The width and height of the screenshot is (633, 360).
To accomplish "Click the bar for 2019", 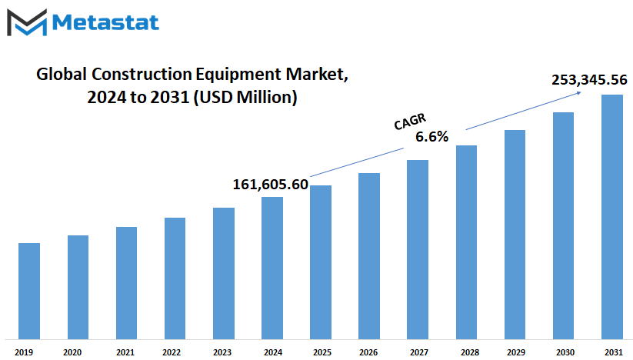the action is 29,291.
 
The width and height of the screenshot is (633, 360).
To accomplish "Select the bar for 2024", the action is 272,268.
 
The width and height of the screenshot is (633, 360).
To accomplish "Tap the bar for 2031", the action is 612,217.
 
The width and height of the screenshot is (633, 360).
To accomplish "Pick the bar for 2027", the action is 418,249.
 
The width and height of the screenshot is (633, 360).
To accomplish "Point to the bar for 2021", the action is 126,283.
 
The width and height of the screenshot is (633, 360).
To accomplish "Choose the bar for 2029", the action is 515,235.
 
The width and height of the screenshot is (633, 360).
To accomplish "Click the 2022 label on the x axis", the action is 172,352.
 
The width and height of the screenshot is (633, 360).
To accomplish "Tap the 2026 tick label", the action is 368,352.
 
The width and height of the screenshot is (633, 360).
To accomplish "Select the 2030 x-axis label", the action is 565,352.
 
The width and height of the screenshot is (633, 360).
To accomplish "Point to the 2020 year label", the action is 72,352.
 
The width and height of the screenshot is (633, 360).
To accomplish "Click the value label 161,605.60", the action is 271,185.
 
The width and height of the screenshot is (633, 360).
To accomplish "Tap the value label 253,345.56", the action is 589,80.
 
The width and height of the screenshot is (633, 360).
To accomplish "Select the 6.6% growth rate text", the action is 432,137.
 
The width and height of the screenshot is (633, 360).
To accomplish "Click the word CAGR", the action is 410,122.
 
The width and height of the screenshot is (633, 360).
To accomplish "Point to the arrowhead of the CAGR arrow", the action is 580,93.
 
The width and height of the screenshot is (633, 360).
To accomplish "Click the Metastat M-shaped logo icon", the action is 27,22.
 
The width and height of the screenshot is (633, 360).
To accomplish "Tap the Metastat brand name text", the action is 105,22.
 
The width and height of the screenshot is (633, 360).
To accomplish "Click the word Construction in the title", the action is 142,75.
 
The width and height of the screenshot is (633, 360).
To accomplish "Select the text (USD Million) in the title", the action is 245,97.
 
